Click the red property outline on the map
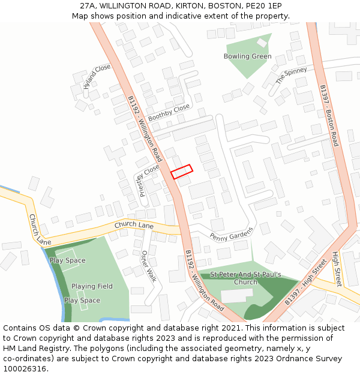pyautogui.click(x=182, y=172)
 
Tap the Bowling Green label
pyautogui.click(x=247, y=56)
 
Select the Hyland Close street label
pyautogui.click(x=97, y=76)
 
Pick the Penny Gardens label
pyautogui.click(x=232, y=233)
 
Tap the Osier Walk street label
pyautogui.click(x=148, y=266)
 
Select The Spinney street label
pyautogui.click(x=291, y=76)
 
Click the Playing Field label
pyautogui.click(x=92, y=286)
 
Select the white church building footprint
pyautogui.click(x=236, y=295)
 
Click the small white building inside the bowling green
pyautogui.click(x=262, y=43)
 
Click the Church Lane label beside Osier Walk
pyautogui.click(x=134, y=225)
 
